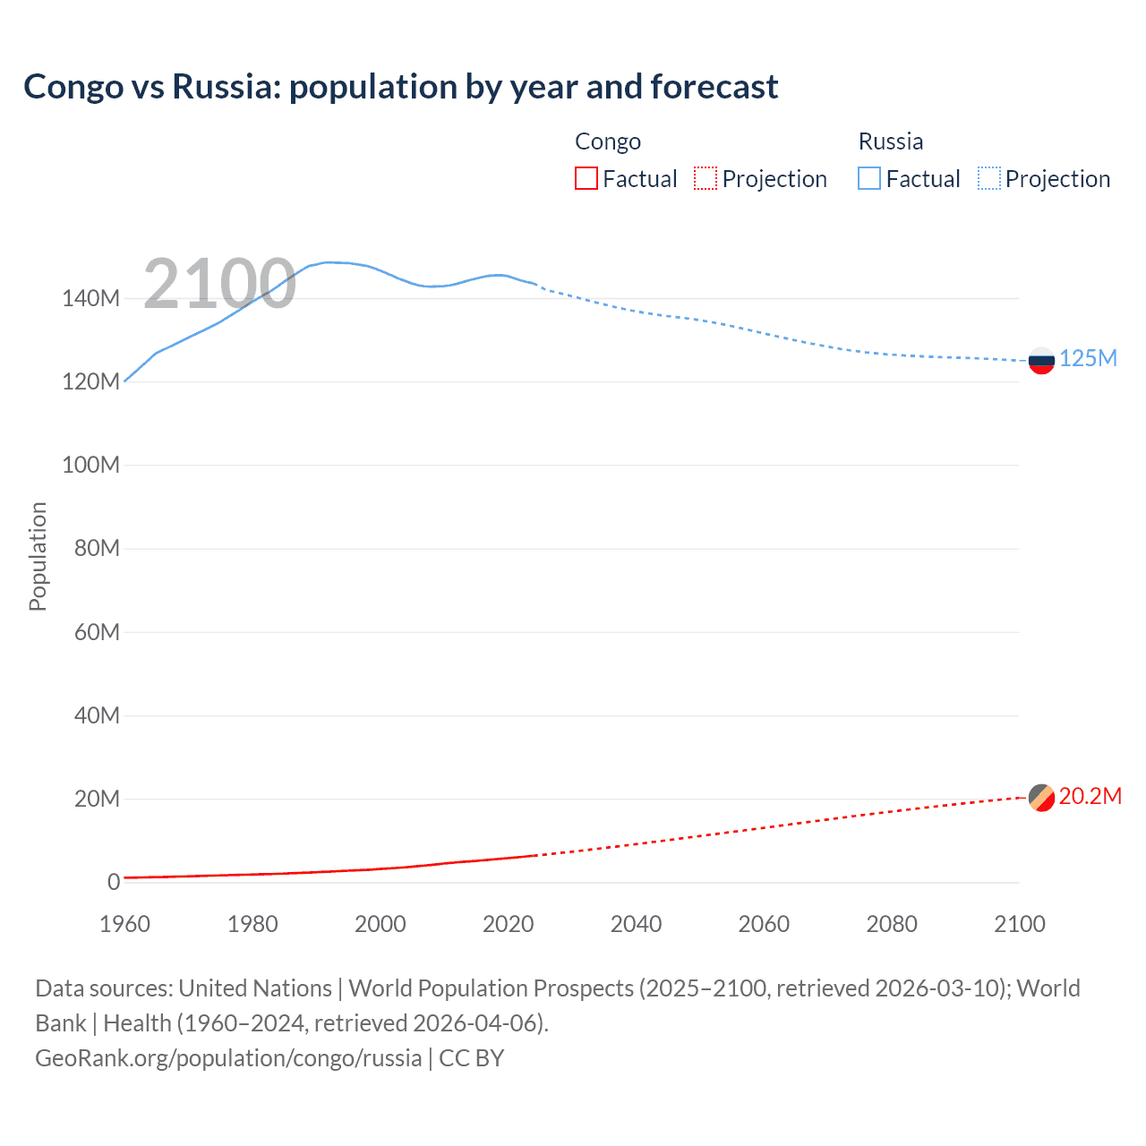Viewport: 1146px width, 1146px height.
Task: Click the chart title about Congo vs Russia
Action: click(x=400, y=87)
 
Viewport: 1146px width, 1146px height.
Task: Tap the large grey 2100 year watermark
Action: click(x=219, y=284)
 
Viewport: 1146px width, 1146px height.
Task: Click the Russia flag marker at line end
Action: click(x=1041, y=361)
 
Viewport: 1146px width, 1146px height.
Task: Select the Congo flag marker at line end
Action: click(x=1041, y=797)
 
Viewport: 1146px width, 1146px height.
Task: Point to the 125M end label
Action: click(x=1088, y=359)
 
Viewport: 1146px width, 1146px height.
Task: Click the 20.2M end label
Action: click(x=1090, y=797)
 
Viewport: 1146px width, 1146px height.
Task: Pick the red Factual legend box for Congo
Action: click(x=586, y=179)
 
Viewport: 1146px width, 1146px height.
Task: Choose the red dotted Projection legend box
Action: click(x=706, y=179)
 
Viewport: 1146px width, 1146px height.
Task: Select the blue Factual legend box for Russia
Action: click(x=869, y=179)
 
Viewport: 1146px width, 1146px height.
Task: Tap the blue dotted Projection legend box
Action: click(x=989, y=179)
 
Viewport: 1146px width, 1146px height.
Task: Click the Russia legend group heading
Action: click(x=890, y=141)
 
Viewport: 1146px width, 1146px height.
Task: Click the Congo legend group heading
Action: click(x=607, y=141)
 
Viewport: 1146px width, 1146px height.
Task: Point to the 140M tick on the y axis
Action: click(x=90, y=299)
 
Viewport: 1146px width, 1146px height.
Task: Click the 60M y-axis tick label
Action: click(x=96, y=633)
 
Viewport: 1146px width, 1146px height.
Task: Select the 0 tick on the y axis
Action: click(x=113, y=883)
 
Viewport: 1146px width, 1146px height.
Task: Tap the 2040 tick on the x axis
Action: click(x=636, y=924)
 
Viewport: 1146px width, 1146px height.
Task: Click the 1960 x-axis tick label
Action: click(x=124, y=924)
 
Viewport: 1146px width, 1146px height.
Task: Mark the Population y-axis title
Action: click(x=38, y=556)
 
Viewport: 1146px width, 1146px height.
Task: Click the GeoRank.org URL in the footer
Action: click(x=228, y=1058)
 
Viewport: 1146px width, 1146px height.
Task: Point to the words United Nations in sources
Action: click(x=255, y=988)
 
